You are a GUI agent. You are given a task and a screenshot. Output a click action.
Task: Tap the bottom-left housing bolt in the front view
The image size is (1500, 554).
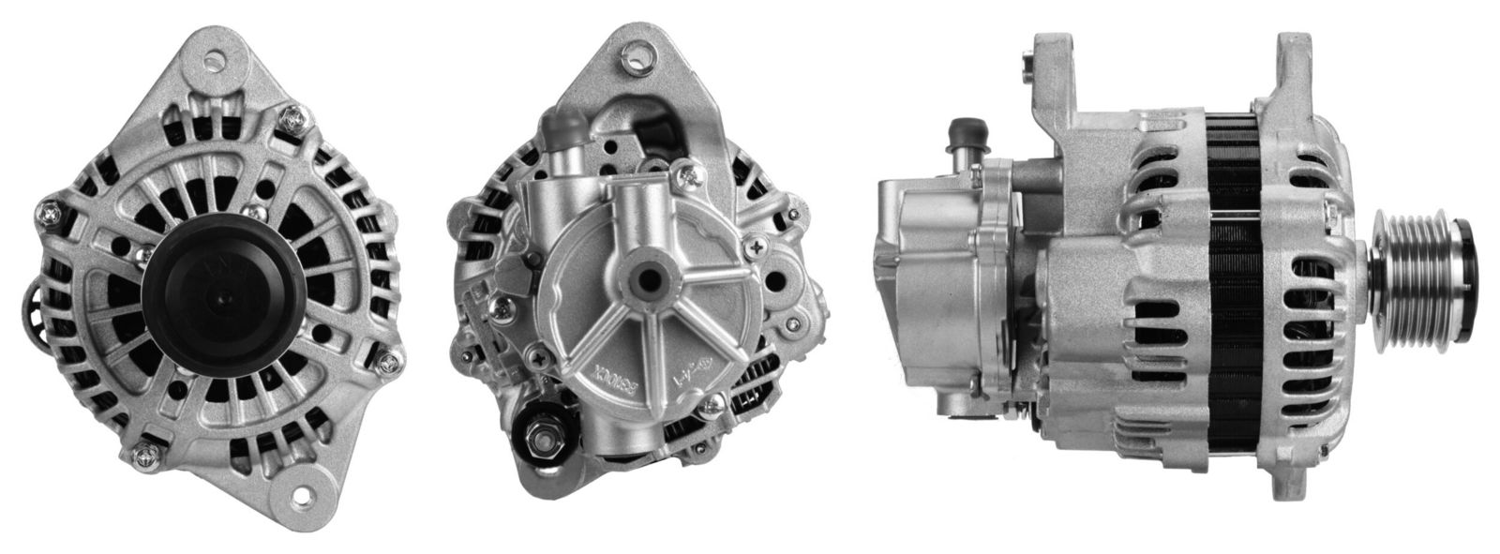pos(143,454)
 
